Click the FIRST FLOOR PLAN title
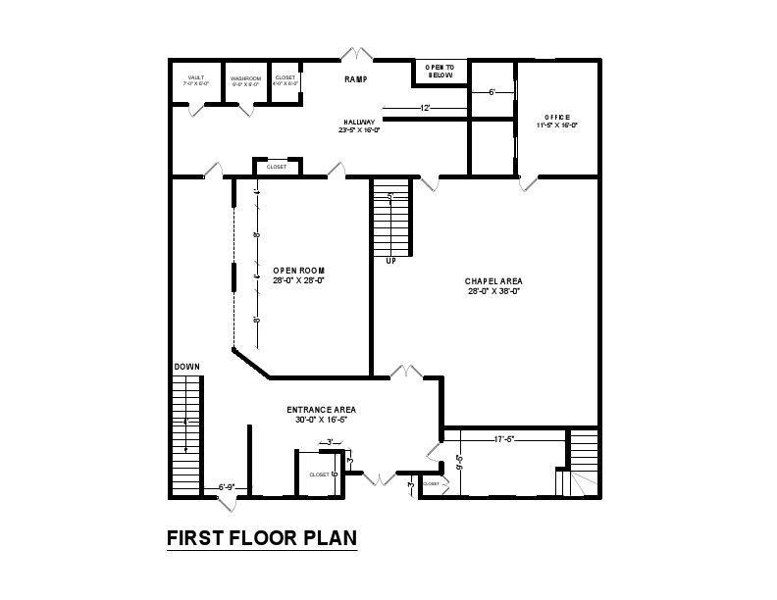coord(260,538)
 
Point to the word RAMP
coord(355,77)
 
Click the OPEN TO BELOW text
coord(440,72)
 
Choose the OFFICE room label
coord(557,122)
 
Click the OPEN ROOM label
coord(298,275)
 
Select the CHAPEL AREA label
coord(492,285)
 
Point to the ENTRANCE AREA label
coord(321,414)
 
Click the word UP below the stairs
coord(390,261)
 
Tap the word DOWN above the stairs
coord(187,368)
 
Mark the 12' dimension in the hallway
coord(425,107)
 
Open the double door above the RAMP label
coord(355,53)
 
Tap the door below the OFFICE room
coord(530,182)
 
